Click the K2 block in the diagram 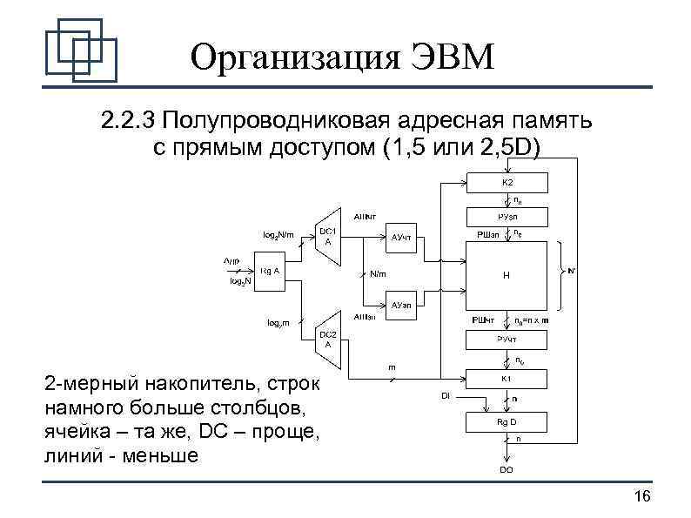coord(507,183)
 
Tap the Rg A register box coord(270,271)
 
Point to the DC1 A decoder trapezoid coord(327,236)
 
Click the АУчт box coord(401,236)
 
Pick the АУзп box coord(401,306)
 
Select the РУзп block coord(507,215)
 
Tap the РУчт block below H coord(507,339)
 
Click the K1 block coord(507,378)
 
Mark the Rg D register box coord(507,421)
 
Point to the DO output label coord(506,469)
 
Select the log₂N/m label coord(278,234)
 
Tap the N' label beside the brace coord(571,271)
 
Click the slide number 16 coord(642,496)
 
